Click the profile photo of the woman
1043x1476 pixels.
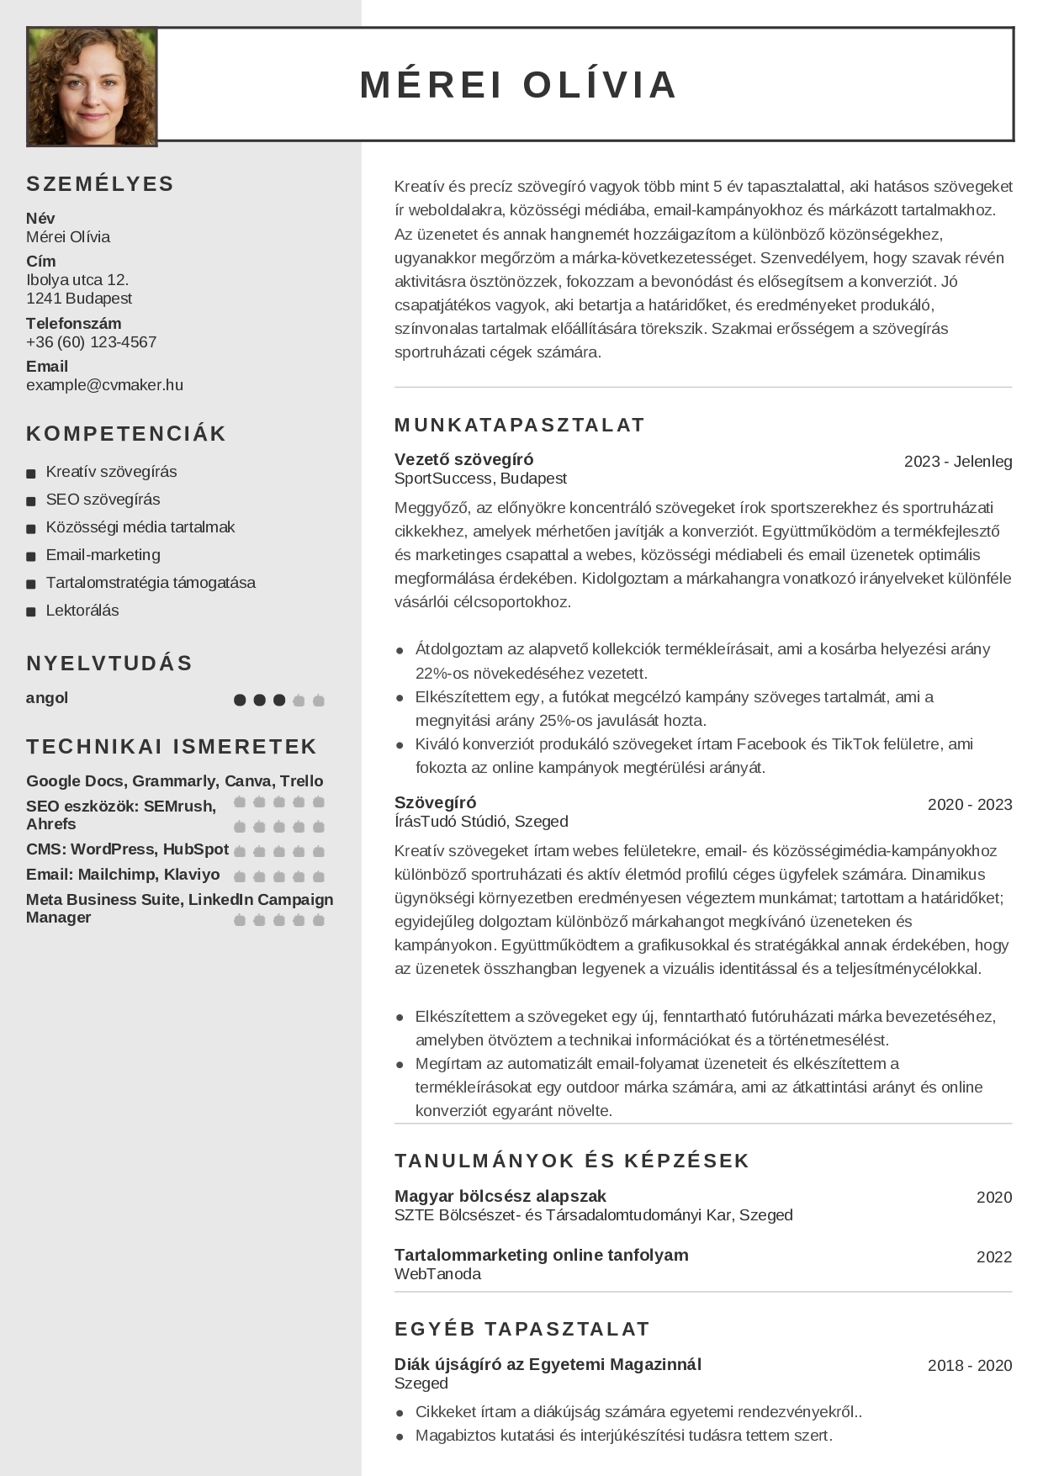[x=92, y=86]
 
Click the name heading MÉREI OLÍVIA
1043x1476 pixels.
[x=518, y=85]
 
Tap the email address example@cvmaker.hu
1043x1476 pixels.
[x=104, y=385]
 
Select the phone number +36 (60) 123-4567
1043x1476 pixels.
[x=91, y=342]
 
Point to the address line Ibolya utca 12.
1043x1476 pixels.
[x=77, y=280]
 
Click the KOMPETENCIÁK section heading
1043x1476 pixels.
[x=126, y=434]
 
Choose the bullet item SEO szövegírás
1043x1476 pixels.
[x=103, y=500]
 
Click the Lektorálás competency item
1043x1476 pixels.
[x=82, y=611]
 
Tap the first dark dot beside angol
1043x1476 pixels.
[x=240, y=700]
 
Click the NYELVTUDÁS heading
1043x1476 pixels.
[x=109, y=664]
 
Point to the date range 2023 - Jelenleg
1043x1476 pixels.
[x=958, y=462]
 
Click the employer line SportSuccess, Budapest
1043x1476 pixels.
[x=480, y=479]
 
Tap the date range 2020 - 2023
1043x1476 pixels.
[x=970, y=805]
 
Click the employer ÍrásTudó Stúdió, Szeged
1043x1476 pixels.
[x=481, y=822]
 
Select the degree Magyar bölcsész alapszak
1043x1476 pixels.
[x=500, y=1196]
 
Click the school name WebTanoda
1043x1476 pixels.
[x=437, y=1274]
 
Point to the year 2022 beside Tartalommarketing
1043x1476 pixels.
[x=993, y=1257]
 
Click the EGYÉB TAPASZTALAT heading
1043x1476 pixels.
[x=521, y=1329]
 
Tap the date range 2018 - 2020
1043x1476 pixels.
[x=970, y=1366]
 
